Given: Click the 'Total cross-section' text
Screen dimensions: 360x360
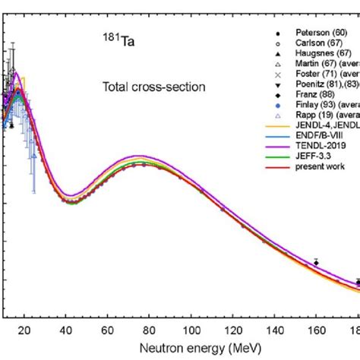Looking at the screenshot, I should [153, 87].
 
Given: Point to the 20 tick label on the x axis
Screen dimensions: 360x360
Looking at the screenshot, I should [24, 330].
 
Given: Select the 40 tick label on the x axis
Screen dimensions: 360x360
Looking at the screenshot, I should [67, 330].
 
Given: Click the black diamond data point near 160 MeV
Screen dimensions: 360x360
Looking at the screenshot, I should [316, 263].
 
